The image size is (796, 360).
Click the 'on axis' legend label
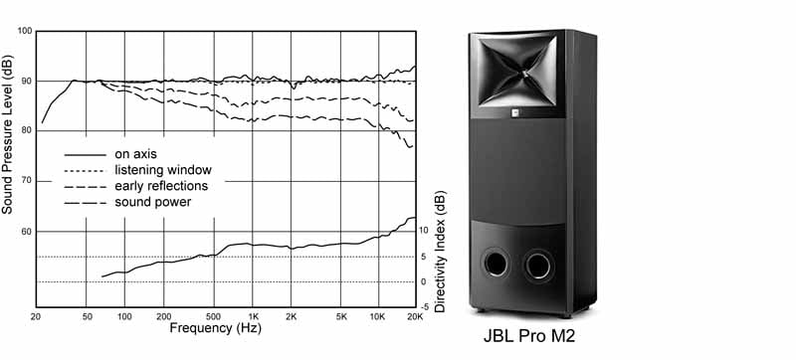(x=135, y=153)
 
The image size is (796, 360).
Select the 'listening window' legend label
(x=163, y=170)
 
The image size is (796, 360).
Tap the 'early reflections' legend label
(x=161, y=186)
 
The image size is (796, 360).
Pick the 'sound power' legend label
(x=153, y=202)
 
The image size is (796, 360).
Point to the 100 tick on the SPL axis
(x=25, y=32)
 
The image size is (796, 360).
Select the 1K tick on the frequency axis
(x=253, y=317)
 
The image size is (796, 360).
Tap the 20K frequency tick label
(x=415, y=317)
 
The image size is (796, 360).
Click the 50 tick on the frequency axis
(x=87, y=317)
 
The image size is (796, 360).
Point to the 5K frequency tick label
(x=341, y=317)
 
